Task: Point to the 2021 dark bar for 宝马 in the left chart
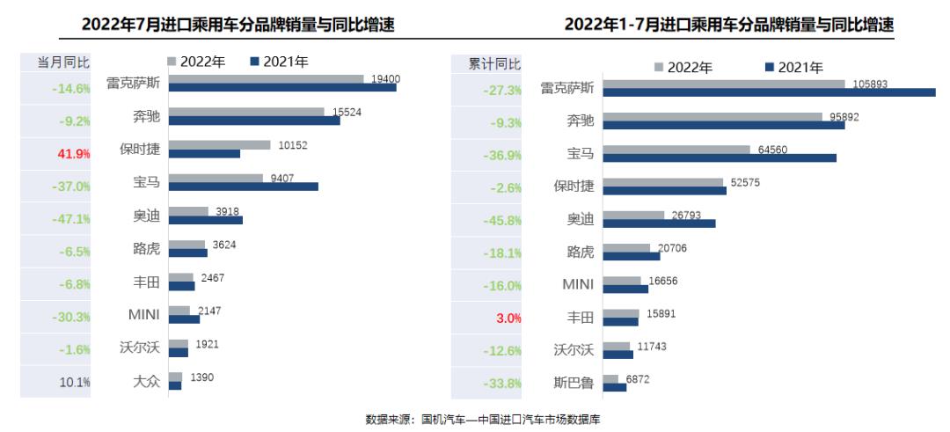pos(243,187)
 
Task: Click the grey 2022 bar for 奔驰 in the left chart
pos(246,112)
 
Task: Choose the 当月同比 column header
pos(62,62)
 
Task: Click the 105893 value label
pos(865,84)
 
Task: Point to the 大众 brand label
pos(146,382)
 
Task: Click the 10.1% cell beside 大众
pos(75,382)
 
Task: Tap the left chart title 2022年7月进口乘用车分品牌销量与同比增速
pos(237,26)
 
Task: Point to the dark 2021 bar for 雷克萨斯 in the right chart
pos(771,92)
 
